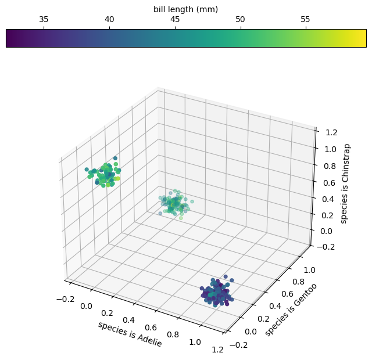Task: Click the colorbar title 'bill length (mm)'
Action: click(185, 9)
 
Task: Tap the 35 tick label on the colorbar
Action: click(44, 19)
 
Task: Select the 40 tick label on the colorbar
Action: click(109, 19)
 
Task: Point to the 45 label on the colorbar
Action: click(174, 19)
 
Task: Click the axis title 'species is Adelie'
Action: click(130, 334)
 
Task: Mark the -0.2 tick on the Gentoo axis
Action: click(239, 345)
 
